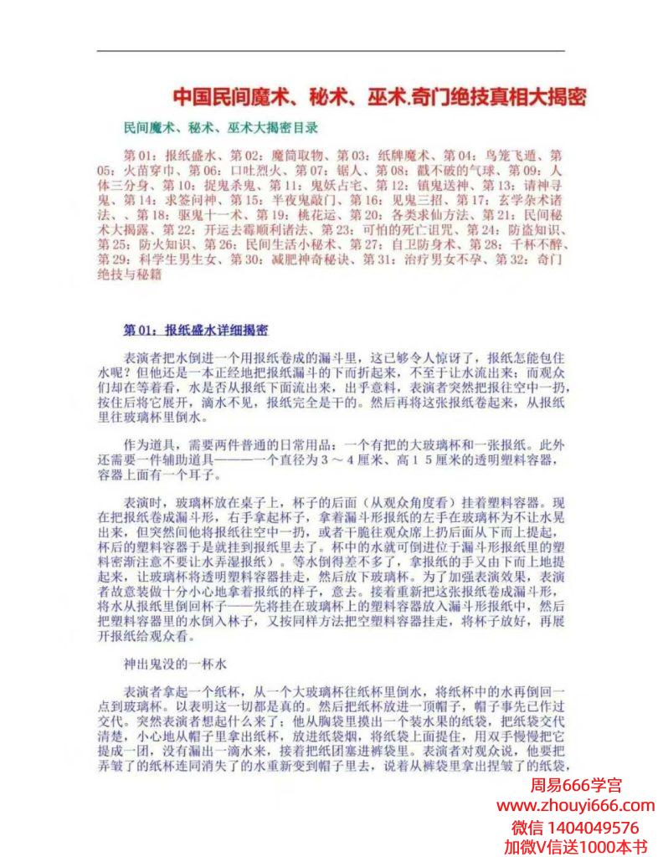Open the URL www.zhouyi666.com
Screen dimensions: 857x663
point(576,806)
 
